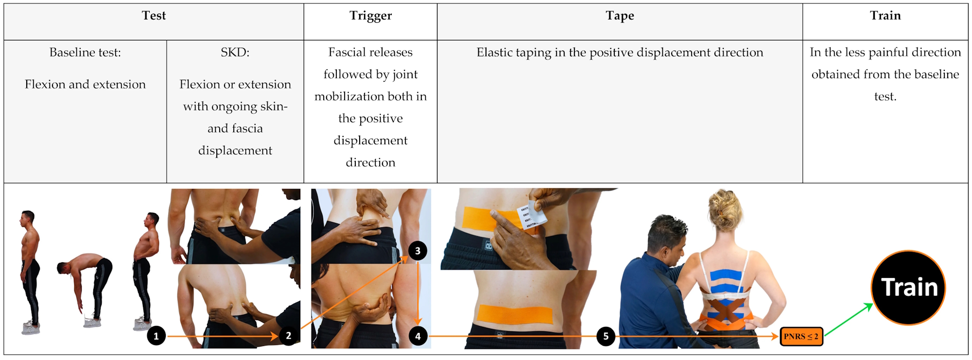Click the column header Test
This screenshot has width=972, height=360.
coord(154,16)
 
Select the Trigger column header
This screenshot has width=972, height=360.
coord(370,16)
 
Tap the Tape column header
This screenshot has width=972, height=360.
coord(620,16)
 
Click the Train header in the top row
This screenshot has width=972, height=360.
coord(885,16)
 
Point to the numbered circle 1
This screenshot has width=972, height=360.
coord(156,336)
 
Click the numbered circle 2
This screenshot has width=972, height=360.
coord(289,336)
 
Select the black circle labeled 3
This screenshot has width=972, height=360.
coord(417,251)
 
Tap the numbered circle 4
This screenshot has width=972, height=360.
coord(418,336)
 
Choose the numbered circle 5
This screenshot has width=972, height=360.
coord(606,336)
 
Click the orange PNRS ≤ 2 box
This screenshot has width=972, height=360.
coord(801,336)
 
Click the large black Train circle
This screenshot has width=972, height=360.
coord(908,288)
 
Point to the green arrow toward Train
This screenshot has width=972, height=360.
coord(849,319)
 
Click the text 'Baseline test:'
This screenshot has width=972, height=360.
coord(85,52)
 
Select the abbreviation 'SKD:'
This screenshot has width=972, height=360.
coord(235,52)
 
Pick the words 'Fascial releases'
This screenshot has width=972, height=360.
coord(370,52)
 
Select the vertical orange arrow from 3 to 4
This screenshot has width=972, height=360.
coord(417,293)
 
